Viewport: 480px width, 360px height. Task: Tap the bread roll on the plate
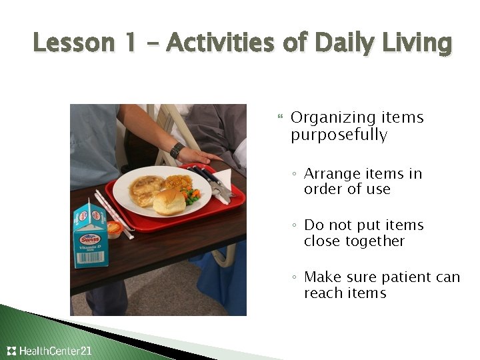pos(169,201)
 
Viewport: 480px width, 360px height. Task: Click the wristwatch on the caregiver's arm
pos(177,150)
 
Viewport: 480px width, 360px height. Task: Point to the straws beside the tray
pos(113,213)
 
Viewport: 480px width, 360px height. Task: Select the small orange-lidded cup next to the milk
pos(115,230)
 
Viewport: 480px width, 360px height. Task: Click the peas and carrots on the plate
pos(191,196)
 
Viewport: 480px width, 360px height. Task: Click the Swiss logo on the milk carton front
pos(90,239)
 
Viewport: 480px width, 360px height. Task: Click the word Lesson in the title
pos(73,43)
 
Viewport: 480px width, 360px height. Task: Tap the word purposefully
pos(339,135)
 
